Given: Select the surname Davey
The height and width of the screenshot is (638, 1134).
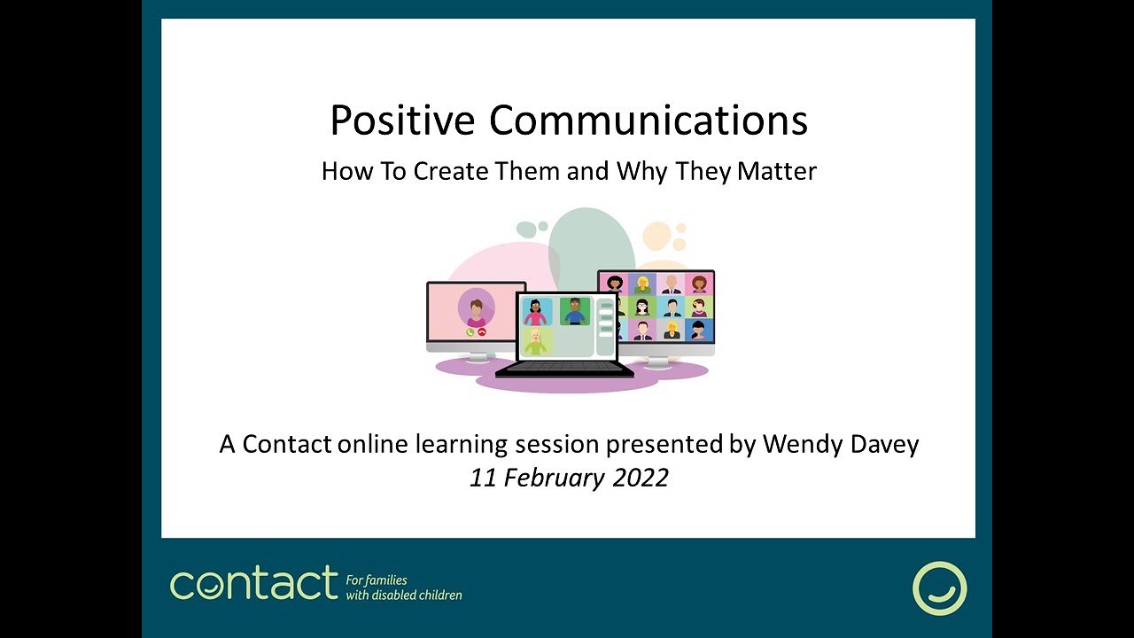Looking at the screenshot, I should point(884,443).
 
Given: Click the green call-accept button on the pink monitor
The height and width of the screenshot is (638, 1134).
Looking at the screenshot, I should point(470,332).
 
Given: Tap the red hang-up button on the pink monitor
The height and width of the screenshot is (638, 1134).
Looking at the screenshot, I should point(482,332).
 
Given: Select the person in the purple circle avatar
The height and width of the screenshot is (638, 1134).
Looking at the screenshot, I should point(476,309).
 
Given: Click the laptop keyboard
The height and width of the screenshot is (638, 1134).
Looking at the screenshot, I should point(564,367).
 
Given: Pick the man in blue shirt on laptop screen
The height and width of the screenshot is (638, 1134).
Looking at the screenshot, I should point(574,311).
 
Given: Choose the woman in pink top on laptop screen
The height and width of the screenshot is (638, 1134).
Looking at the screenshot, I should point(536,312).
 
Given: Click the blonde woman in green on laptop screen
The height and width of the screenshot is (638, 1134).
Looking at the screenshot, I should point(536,341).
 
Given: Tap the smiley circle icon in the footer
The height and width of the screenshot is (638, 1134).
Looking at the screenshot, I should point(939,587).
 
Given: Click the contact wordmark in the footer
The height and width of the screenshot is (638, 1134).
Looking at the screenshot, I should point(253,584).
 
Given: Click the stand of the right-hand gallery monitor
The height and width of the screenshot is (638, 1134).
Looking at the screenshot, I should point(656,361).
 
